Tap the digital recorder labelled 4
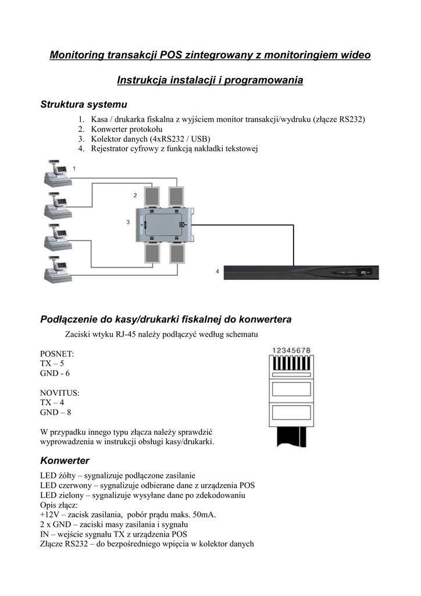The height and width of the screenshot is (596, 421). click(x=301, y=272)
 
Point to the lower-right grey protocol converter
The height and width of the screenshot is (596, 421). click(x=177, y=254)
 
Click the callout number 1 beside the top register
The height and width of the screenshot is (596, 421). click(x=74, y=168)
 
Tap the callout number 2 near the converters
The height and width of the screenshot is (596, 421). click(x=135, y=196)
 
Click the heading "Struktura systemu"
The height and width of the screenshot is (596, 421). click(x=84, y=104)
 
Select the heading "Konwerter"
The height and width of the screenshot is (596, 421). click(x=65, y=461)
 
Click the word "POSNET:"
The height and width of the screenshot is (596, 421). click(x=57, y=354)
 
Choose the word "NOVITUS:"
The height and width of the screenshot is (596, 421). click(x=59, y=393)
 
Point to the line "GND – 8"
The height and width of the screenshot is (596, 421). click(x=55, y=413)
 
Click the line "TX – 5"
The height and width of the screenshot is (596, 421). click(x=52, y=363)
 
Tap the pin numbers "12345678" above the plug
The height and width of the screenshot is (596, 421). click(x=291, y=350)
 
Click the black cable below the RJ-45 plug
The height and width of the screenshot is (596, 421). click(x=291, y=438)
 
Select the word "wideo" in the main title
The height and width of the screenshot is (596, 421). click(x=355, y=55)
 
